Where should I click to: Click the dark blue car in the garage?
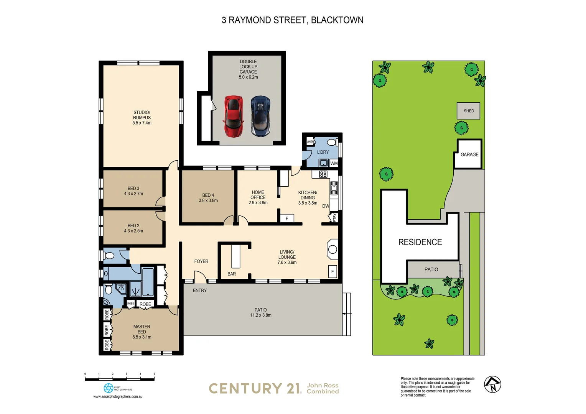pyautogui.click(x=261, y=116)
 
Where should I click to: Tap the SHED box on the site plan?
pyautogui.click(x=468, y=111)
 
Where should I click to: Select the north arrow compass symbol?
pyautogui.click(x=492, y=384)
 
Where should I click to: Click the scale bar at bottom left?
pyautogui.click(x=120, y=379)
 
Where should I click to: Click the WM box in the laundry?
pyautogui.click(x=334, y=163)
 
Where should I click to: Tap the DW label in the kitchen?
pyautogui.click(x=326, y=206)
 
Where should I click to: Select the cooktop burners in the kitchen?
pyautogui.click(x=323, y=174)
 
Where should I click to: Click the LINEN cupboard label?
pyautogui.click(x=311, y=141)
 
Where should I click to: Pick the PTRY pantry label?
pyautogui.click(x=334, y=218)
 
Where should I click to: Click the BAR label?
pyautogui.click(x=232, y=274)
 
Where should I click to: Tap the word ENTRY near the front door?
pyautogui.click(x=200, y=290)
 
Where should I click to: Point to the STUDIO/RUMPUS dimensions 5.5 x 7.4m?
pyautogui.click(x=142, y=123)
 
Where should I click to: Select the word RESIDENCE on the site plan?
pyautogui.click(x=420, y=242)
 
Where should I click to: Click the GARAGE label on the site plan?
pyautogui.click(x=469, y=154)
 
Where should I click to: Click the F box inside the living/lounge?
pyautogui.click(x=333, y=272)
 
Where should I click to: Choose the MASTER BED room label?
pyautogui.click(x=142, y=329)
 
